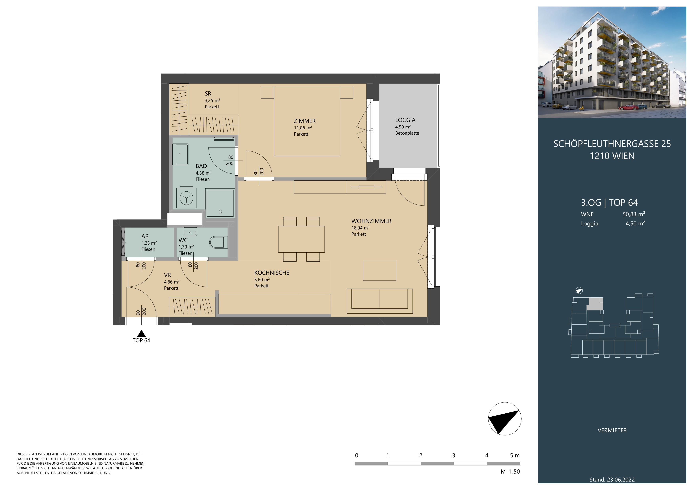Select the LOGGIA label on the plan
pyautogui.click(x=405, y=120)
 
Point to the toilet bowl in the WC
pyautogui.click(x=218, y=242)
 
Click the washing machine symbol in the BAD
pyautogui.click(x=186, y=198)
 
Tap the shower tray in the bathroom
pyautogui.click(x=220, y=203)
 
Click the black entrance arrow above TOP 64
pyautogui.click(x=141, y=333)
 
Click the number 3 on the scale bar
pyautogui.click(x=453, y=456)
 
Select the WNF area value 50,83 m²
pyautogui.click(x=634, y=214)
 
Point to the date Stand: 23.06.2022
pyautogui.click(x=612, y=480)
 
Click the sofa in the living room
pyautogui.click(x=379, y=301)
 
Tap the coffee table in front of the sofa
pyautogui.click(x=379, y=271)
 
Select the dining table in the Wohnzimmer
pyautogui.click(x=301, y=239)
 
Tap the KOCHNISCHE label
pyautogui.click(x=272, y=273)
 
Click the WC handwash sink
pyautogui.click(x=190, y=232)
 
